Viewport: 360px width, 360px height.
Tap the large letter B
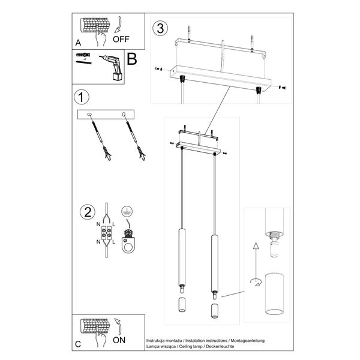[x=133, y=59]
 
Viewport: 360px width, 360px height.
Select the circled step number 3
[x=160, y=28]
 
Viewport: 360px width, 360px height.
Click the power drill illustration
[x=112, y=68]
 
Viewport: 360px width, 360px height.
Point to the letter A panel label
[x=79, y=43]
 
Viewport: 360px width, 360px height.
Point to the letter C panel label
[x=78, y=344]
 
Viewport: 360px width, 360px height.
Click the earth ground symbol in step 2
[x=126, y=212]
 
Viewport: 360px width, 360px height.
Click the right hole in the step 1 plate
[x=124, y=114]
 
